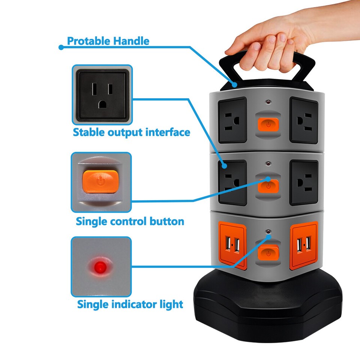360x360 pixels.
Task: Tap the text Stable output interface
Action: tap(131, 132)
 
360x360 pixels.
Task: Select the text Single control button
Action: tap(130, 221)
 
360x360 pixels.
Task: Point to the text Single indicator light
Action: tap(130, 304)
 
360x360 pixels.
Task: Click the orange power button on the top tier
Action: tap(268, 124)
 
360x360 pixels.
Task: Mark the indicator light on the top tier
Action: tap(268, 102)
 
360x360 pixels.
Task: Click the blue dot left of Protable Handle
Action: tap(61, 47)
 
